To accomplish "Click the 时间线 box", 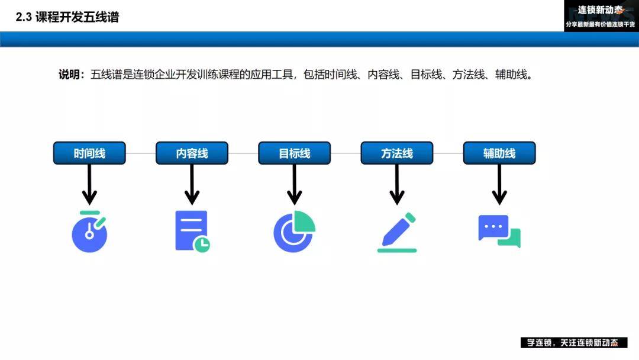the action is (89, 153).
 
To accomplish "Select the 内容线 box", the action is (192, 153).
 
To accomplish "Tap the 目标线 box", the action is (294, 153).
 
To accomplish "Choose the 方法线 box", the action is (397, 153).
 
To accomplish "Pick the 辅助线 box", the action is (499, 153).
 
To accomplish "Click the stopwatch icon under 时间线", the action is (89, 232).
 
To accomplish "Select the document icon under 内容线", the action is (192, 231).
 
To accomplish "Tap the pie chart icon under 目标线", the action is (294, 231).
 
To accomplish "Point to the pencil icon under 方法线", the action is (396, 232).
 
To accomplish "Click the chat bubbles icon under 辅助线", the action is (499, 231).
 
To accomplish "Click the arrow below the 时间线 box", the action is (89, 184).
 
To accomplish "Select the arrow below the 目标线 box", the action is (294, 184).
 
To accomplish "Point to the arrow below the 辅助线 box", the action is (499, 184).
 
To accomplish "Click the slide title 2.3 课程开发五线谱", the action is (67, 17).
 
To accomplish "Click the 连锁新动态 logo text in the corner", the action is (600, 10).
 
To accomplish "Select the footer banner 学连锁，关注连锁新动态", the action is (574, 342).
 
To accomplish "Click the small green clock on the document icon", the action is (202, 244).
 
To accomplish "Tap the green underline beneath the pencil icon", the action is (397, 250).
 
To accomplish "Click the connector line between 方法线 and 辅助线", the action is (448, 153).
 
